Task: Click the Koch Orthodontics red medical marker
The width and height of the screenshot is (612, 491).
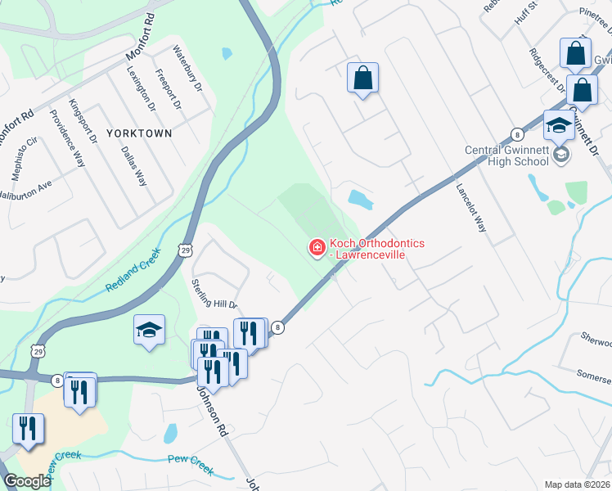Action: click(x=317, y=247)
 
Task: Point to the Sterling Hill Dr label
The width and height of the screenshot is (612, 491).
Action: click(x=214, y=293)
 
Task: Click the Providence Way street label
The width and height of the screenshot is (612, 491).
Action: click(x=67, y=138)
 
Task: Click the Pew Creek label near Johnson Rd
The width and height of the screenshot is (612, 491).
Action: click(x=190, y=464)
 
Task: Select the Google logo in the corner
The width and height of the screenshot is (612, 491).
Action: click(x=27, y=481)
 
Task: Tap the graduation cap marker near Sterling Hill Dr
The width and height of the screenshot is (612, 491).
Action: click(x=149, y=330)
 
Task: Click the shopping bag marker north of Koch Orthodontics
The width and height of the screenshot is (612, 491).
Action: click(x=362, y=79)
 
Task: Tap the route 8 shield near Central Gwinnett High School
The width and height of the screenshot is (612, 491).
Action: click(x=517, y=134)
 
